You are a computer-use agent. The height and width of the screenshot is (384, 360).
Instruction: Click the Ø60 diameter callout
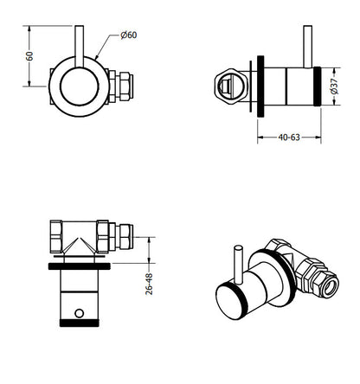point(129,35)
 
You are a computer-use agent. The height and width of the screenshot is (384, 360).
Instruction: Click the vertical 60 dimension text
point(29,56)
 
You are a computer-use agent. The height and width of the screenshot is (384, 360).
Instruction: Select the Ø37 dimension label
point(334,86)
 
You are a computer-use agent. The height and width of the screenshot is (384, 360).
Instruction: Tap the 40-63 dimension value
point(289,138)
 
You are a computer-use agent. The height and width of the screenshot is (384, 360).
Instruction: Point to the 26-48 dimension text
point(149,284)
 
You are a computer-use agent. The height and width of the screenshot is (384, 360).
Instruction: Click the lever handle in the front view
point(79,47)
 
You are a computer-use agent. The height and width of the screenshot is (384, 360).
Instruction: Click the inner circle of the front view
point(80,86)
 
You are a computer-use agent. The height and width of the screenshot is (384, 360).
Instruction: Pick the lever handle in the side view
point(308,47)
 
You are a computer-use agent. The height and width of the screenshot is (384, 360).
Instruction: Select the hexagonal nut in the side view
point(231,86)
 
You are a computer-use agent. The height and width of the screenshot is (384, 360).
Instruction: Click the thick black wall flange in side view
point(260,86)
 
